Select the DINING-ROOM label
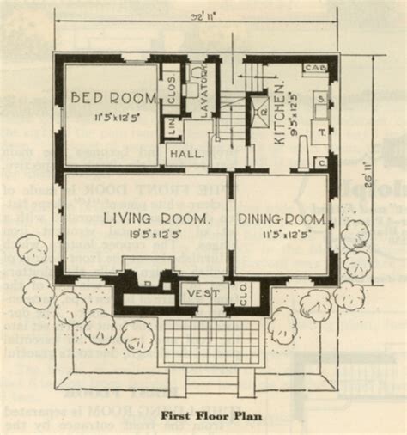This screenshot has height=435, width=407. click(280, 221)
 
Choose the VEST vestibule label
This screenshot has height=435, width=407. click(203, 294)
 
